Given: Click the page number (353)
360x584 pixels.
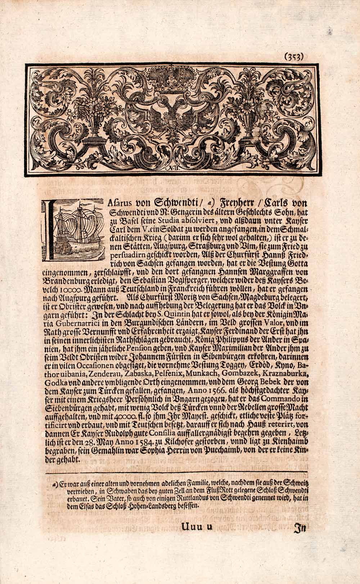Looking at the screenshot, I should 295,56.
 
